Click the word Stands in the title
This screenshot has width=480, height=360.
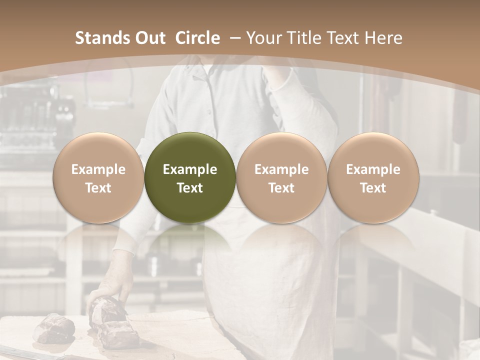98,38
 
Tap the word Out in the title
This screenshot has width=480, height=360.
148,38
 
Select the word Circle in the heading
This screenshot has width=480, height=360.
197,38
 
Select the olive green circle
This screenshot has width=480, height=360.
190,177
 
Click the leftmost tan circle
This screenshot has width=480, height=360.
98,177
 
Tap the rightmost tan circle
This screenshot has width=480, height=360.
373,177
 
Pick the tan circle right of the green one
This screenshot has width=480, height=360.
281,177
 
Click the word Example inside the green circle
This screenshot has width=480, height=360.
190,169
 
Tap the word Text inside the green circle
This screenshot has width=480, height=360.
190,188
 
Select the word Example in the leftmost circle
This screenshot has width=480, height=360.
98,169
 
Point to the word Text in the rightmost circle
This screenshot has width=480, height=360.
373,188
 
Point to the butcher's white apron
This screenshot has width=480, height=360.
265,280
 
